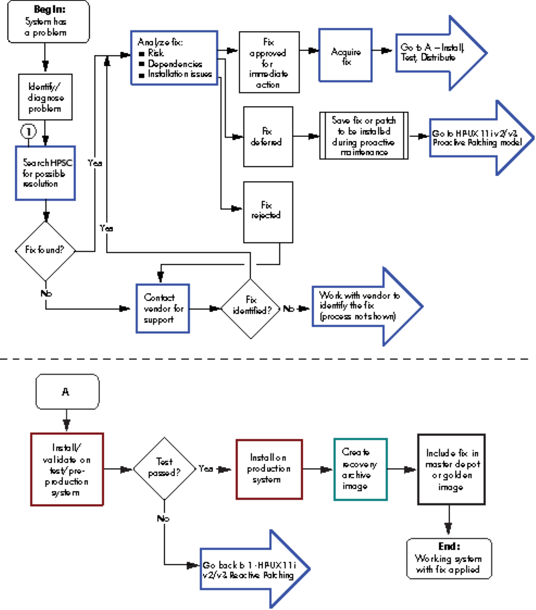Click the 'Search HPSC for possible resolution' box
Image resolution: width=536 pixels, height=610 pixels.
tap(45, 172)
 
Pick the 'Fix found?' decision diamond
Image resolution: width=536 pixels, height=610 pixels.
tap(45, 251)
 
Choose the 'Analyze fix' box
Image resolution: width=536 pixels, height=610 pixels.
tap(174, 58)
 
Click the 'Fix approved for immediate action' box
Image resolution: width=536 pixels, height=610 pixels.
tap(269, 61)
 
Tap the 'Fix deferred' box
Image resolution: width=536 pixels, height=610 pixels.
tap(268, 136)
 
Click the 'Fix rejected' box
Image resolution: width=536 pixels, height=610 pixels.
tap(267, 211)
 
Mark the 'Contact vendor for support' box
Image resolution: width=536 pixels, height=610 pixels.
tap(162, 308)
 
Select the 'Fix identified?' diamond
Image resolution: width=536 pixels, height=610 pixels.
tap(251, 308)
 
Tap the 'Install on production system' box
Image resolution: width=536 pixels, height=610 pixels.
tap(269, 469)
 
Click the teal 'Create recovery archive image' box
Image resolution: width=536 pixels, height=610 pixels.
tap(359, 469)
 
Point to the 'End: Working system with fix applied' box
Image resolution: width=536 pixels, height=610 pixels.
tap(448, 558)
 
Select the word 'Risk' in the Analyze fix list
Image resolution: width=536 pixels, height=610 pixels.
tap(156, 53)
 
